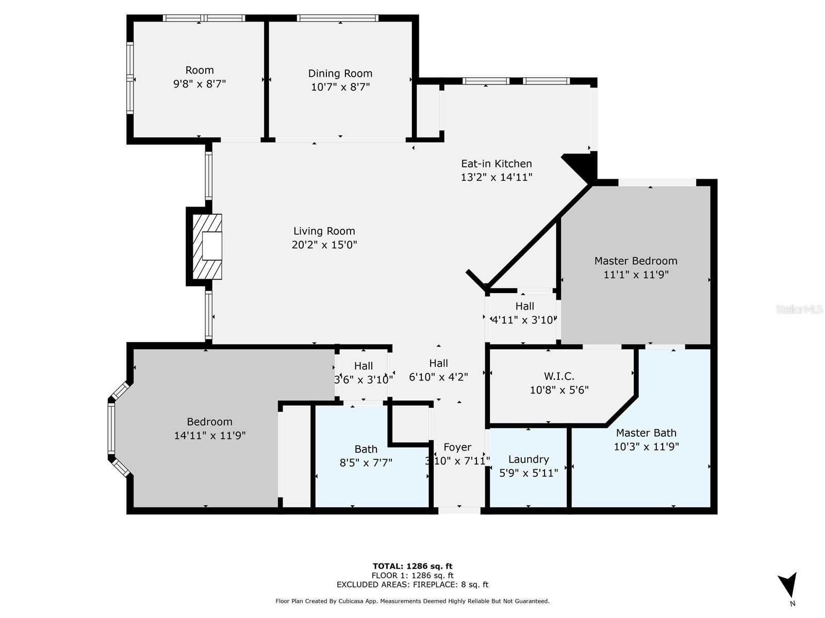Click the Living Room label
tap(324, 231)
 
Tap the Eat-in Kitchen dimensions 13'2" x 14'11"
tap(497, 177)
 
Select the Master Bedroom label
tap(636, 261)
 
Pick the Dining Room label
tap(340, 74)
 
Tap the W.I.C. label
tap(559, 376)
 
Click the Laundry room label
tap(529, 460)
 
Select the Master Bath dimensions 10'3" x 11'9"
tap(646, 447)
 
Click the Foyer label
tap(457, 447)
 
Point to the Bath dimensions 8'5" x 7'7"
tap(366, 462)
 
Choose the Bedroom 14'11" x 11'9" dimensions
tap(210, 435)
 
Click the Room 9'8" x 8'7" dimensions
tap(199, 83)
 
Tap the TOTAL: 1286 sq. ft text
tap(412, 566)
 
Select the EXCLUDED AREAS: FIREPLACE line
tap(412, 584)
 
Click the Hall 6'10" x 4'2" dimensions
tap(438, 377)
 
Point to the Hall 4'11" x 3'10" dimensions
tap(524, 320)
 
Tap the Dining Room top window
tap(338, 18)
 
